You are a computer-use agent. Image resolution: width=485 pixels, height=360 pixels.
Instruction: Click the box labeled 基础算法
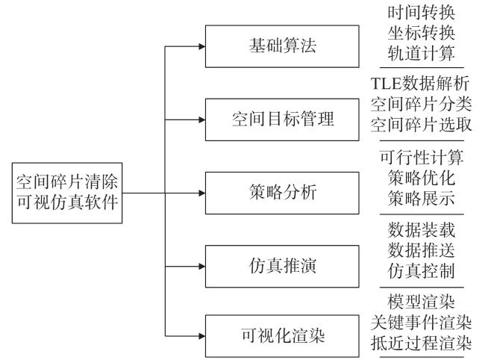[282, 46]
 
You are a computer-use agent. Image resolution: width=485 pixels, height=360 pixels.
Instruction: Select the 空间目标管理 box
[282, 120]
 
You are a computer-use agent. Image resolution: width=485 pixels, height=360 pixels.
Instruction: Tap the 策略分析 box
[282, 193]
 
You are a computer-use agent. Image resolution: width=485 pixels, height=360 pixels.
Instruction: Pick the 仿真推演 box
[282, 266]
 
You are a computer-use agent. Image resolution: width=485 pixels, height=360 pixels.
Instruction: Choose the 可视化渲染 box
[282, 336]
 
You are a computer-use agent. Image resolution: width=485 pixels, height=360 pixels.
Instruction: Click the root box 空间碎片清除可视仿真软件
[67, 193]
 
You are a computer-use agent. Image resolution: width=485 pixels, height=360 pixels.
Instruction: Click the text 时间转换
[422, 13]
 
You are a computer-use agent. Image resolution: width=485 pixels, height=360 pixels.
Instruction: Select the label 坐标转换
[422, 33]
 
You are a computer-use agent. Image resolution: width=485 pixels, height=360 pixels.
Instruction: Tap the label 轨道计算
[422, 53]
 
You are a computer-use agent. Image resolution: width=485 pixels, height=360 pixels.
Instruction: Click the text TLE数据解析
[420, 84]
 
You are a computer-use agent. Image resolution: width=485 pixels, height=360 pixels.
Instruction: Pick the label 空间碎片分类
[421, 104]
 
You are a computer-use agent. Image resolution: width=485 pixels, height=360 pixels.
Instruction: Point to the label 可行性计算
[422, 158]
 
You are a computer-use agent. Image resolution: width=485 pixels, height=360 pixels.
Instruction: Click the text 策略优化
[422, 178]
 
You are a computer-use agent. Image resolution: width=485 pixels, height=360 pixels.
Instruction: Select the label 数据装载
[422, 230]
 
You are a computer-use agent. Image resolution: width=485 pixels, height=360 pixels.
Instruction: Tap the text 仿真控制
[422, 271]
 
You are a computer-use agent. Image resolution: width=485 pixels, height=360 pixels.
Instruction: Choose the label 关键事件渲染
[421, 322]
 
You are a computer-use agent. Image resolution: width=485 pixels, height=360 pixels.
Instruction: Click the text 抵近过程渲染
[421, 343]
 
